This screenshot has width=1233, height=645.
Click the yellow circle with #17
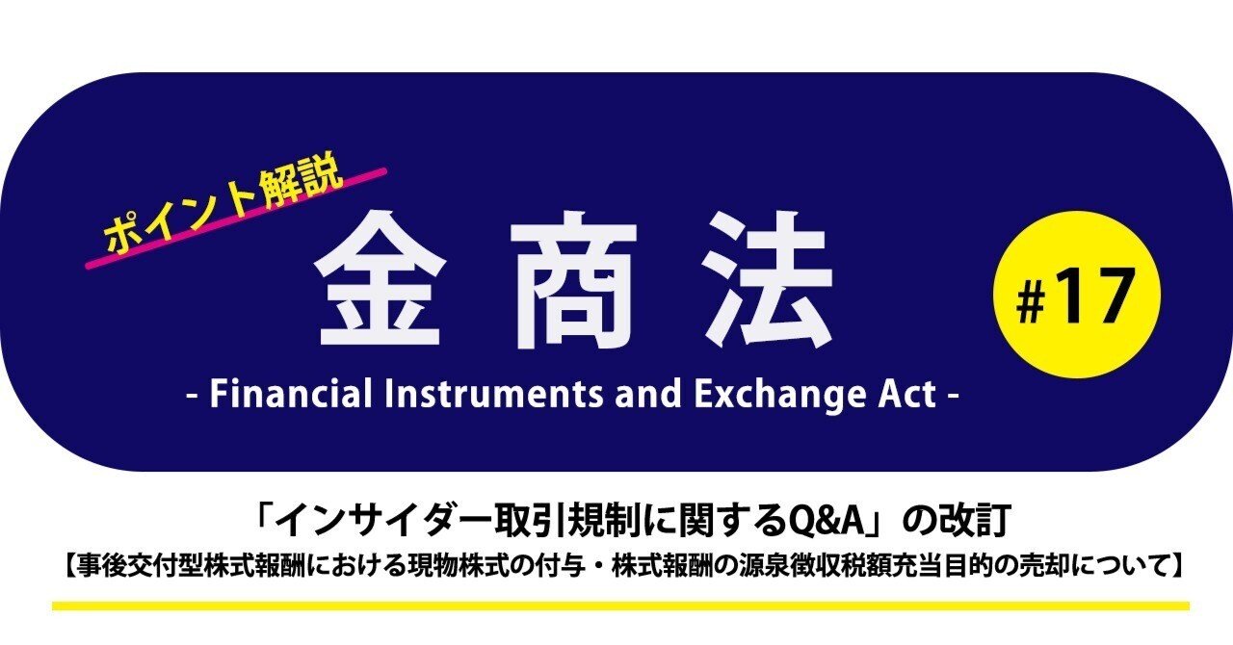click(x=1076, y=296)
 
